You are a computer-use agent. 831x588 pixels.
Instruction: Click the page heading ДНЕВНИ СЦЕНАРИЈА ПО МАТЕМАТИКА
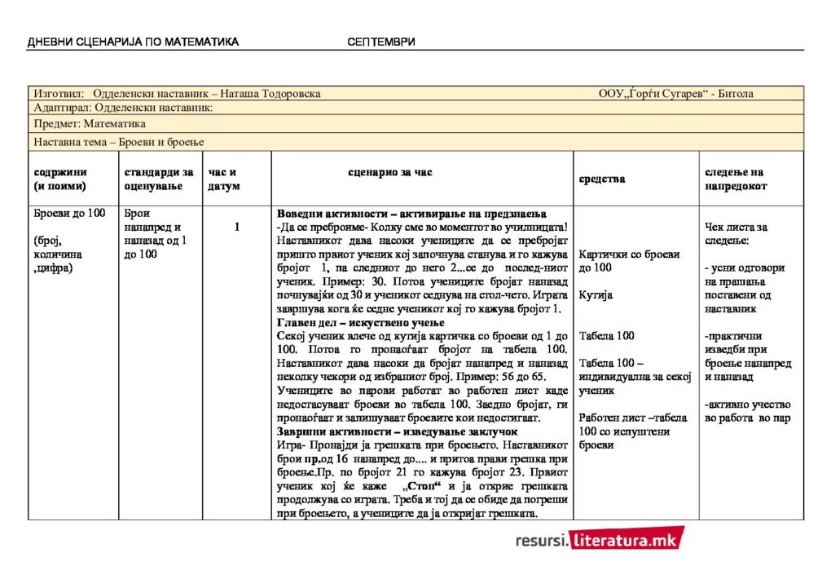(133, 42)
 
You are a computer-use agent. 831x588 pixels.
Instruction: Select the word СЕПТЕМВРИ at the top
(380, 42)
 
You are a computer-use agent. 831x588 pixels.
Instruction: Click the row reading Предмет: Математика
(90, 124)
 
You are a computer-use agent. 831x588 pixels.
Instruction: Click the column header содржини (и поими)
(60, 179)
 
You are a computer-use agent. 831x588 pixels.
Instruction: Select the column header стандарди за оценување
(158, 179)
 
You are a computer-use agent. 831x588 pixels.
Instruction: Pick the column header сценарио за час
(390, 172)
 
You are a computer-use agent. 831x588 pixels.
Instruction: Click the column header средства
(602, 179)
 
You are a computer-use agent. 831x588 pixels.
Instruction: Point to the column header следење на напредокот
(734, 179)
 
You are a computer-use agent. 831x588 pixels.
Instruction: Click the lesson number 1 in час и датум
(237, 227)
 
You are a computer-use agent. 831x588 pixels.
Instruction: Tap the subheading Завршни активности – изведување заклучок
(398, 431)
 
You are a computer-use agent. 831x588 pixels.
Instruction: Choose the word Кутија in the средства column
(596, 294)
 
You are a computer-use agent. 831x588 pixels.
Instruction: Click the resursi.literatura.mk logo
(600, 538)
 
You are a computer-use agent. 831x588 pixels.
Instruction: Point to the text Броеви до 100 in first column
(69, 214)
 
